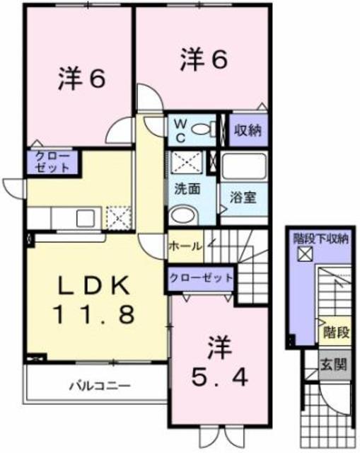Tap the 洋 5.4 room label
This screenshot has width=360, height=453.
click(220, 362)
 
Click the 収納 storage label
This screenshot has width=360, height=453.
click(248, 130)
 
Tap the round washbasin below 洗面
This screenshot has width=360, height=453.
click(184, 215)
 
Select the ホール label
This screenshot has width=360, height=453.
click(185, 246)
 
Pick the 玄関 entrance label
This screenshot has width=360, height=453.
click(335, 365)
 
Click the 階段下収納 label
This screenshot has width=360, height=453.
click(320, 239)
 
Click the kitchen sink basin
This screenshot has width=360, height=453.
click(86, 219)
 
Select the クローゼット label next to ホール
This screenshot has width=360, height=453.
click(202, 278)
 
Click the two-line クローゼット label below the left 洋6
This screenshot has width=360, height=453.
click(52, 162)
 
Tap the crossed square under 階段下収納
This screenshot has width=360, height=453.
click(305, 254)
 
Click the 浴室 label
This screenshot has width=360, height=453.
click(243, 197)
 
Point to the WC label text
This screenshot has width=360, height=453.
click(180, 132)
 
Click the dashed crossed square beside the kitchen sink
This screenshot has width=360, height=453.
click(119, 218)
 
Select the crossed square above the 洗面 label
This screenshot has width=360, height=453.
click(187, 162)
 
